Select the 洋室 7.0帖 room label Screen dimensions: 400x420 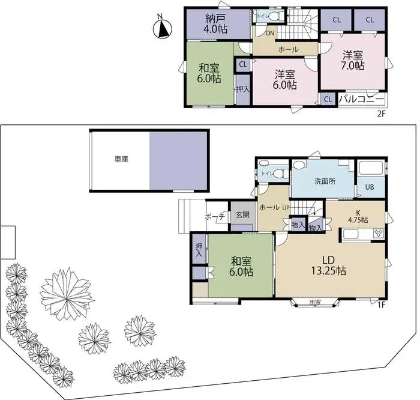coord(353,61)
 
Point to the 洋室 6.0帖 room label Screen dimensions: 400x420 coord(285,79)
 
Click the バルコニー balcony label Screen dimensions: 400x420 coord(362,98)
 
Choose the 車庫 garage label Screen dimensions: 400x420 coord(121,160)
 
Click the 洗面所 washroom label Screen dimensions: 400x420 coord(325,181)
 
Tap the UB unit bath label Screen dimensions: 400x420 coord(370,187)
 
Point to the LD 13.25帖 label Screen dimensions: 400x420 coord(328,265)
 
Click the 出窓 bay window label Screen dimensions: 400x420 coord(314,302)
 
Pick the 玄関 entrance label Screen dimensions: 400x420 coord(242,215)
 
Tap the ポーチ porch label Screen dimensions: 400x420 coord(214,217)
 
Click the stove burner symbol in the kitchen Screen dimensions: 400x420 coord(378,233)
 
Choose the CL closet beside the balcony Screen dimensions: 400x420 coord(328,99)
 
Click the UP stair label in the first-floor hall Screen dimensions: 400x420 coord(286,208)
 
